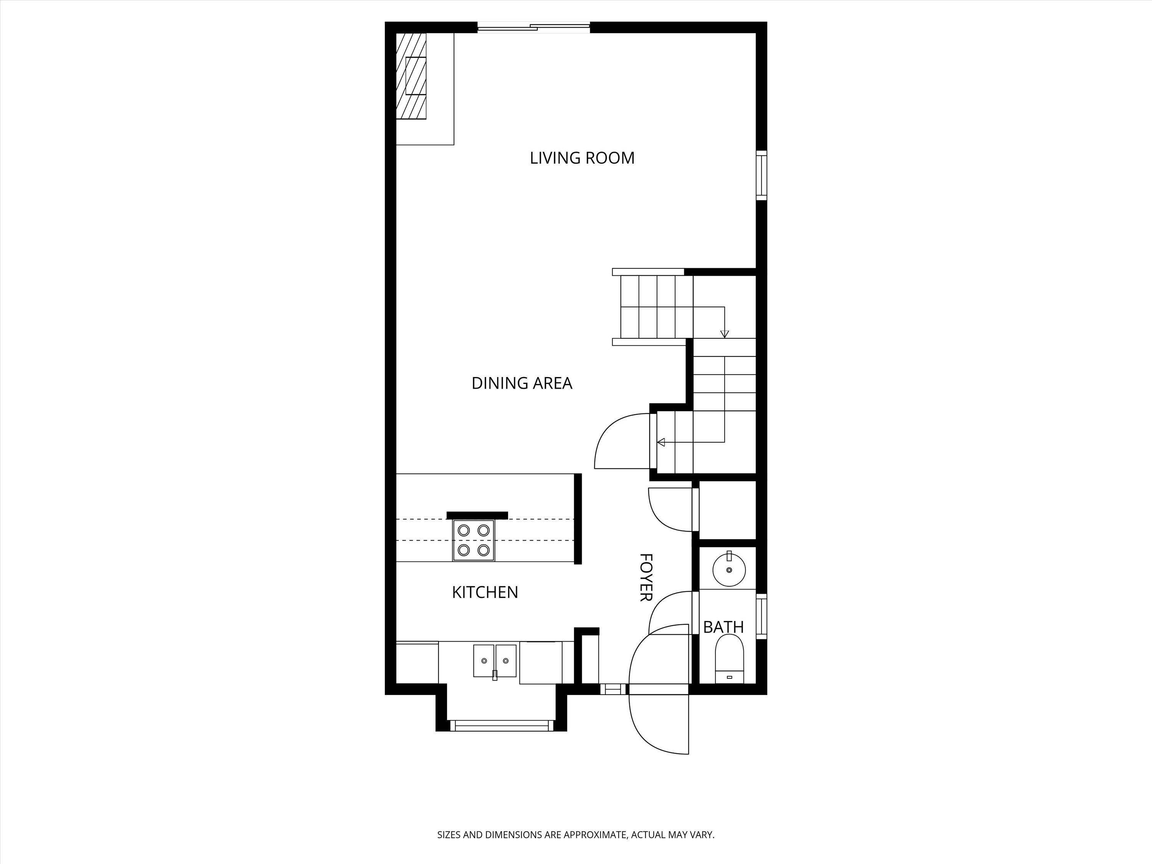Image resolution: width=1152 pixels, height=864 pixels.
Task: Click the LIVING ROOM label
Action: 582,158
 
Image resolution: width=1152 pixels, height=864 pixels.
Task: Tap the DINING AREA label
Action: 522,383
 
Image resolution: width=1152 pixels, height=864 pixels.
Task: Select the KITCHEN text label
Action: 485,592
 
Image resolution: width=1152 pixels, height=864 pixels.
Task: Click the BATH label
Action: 723,627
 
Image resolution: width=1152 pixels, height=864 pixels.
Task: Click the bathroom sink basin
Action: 729,570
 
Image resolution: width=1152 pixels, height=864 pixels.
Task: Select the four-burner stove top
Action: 473,540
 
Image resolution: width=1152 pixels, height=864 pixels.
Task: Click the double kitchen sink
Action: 495,661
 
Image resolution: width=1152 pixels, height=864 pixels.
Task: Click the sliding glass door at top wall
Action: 534,28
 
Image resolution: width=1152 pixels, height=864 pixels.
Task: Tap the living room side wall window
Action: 761,175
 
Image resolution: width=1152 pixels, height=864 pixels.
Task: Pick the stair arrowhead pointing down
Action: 725,334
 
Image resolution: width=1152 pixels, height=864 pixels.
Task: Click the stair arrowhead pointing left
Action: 661,442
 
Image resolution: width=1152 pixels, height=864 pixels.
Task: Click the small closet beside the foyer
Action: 727,510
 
